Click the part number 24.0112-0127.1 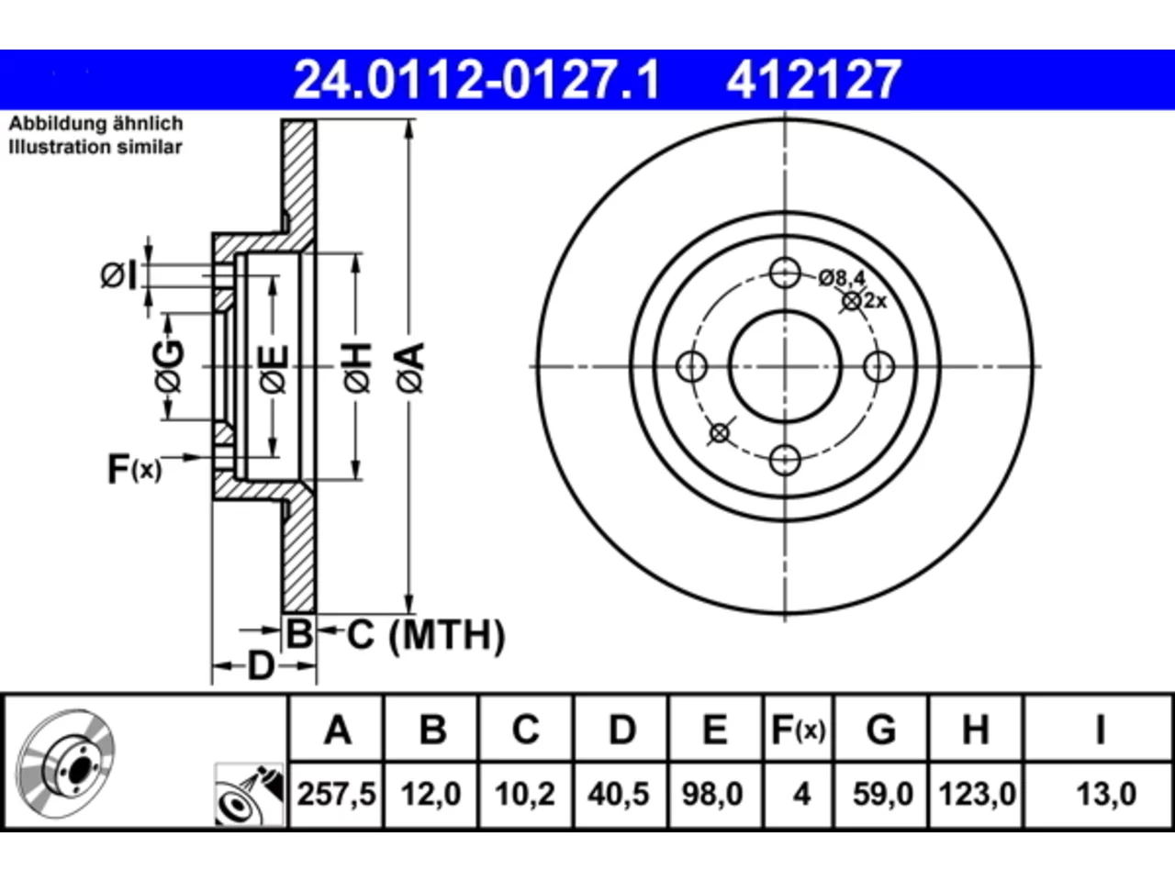click(x=476, y=80)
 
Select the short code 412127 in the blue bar click(x=814, y=80)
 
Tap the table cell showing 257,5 click(x=336, y=794)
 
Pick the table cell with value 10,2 click(x=525, y=794)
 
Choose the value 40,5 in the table click(x=619, y=794)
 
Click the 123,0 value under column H click(x=977, y=794)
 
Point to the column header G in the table click(x=881, y=730)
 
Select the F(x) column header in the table click(x=798, y=730)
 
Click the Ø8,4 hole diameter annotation click(x=842, y=278)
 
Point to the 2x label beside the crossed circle click(x=876, y=301)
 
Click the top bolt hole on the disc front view click(x=785, y=273)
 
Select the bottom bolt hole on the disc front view click(x=785, y=460)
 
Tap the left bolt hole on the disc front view click(x=691, y=367)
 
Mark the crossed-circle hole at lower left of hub click(x=720, y=433)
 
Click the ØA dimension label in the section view click(x=410, y=368)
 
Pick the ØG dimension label click(x=169, y=366)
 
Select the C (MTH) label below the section click(x=426, y=635)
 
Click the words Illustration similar click(x=95, y=147)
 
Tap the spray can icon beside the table click(x=250, y=795)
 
